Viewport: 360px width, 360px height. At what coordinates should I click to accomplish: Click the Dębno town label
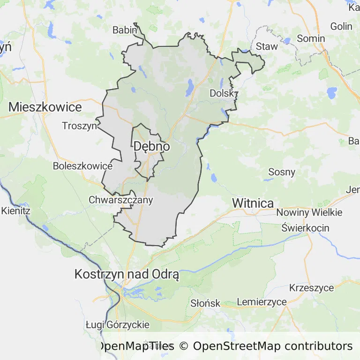pyautogui.click(x=151, y=146)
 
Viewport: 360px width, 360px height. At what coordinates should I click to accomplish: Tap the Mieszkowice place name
pyautogui.click(x=45, y=107)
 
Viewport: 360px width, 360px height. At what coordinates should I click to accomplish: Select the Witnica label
pyautogui.click(x=253, y=203)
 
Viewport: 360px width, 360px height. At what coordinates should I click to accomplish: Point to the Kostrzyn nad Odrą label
pyautogui.click(x=127, y=275)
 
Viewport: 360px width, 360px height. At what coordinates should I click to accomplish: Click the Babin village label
pyautogui.click(x=125, y=30)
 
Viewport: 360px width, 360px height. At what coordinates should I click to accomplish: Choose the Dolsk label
pyautogui.click(x=221, y=93)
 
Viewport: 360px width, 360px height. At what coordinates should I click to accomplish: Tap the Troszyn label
pyautogui.click(x=80, y=126)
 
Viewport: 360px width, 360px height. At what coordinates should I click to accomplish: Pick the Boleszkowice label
pyautogui.click(x=82, y=166)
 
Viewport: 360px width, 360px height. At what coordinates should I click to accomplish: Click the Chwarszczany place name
pyautogui.click(x=121, y=200)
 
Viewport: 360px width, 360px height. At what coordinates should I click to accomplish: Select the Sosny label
pyautogui.click(x=282, y=172)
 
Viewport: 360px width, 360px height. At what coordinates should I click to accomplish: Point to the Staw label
pyautogui.click(x=267, y=46)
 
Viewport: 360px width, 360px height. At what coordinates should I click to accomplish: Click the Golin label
pyautogui.click(x=341, y=26)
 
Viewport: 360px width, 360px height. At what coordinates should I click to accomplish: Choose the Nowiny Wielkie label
pyautogui.click(x=309, y=212)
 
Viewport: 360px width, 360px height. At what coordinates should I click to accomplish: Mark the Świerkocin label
pyautogui.click(x=306, y=228)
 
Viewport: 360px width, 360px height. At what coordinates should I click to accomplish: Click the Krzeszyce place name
pyautogui.click(x=312, y=288)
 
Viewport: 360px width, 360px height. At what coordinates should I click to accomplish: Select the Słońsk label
pyautogui.click(x=205, y=303)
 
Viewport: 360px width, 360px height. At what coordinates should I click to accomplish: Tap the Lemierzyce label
pyautogui.click(x=262, y=302)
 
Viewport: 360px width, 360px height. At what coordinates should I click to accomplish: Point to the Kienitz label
pyautogui.click(x=15, y=211)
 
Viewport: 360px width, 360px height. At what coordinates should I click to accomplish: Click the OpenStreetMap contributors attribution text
pyautogui.click(x=273, y=346)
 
